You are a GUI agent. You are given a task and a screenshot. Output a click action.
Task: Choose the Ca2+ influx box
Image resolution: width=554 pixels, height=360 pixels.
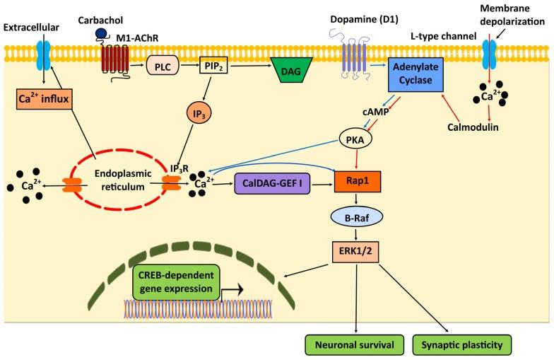[44, 98]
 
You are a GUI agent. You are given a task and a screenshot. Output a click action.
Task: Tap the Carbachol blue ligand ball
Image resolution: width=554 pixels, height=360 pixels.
[101, 33]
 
